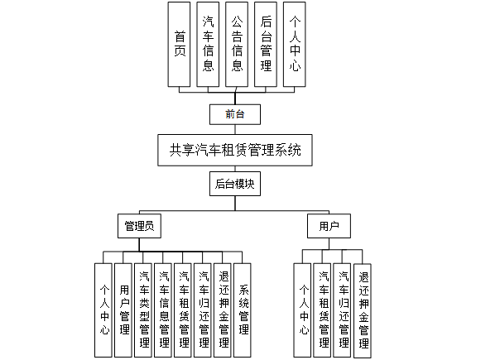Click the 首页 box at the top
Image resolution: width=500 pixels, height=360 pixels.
click(x=180, y=45)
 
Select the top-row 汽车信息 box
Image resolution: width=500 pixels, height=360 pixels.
click(x=209, y=45)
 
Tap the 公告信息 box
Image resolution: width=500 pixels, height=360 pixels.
click(x=238, y=45)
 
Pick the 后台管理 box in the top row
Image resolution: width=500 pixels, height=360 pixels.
click(x=266, y=45)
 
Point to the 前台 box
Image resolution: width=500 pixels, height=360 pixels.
click(x=234, y=114)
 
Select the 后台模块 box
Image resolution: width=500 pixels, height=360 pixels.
click(x=234, y=185)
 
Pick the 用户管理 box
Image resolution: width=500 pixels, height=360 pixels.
click(x=124, y=309)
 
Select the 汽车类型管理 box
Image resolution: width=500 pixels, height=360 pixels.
click(x=144, y=309)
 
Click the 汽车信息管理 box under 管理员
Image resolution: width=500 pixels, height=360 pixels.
click(x=164, y=309)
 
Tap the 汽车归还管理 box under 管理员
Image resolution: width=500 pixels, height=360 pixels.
click(x=204, y=309)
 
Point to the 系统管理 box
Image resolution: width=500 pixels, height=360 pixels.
click(x=243, y=309)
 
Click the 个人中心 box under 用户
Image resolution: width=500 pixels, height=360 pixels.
click(x=303, y=309)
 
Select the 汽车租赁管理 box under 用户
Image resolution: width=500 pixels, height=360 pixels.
click(x=323, y=309)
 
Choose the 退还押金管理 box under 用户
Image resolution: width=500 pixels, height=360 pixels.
click(x=363, y=309)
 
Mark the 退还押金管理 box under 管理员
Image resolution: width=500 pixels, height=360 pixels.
click(x=224, y=309)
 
